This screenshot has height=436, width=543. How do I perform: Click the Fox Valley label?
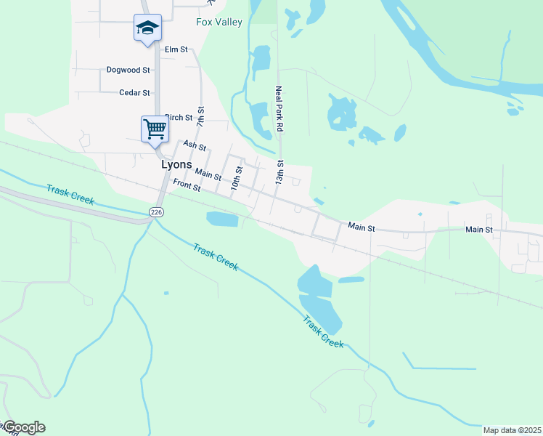click(219, 22)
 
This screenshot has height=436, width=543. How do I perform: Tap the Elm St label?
click(176, 49)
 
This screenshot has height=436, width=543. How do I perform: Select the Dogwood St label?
click(128, 70)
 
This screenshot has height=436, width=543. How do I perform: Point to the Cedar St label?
click(134, 93)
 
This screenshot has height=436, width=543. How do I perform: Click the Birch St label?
click(179, 117)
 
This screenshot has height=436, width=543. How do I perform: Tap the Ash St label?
click(195, 146)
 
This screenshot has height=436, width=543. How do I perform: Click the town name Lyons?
click(176, 165)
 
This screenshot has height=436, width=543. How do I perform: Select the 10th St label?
click(236, 179)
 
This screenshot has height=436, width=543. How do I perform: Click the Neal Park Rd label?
click(278, 109)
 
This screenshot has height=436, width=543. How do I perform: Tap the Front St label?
click(187, 187)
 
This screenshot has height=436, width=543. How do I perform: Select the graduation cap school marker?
click(147, 28)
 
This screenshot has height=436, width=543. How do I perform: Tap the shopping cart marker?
click(155, 129)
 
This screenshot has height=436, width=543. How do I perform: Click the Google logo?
click(24, 427)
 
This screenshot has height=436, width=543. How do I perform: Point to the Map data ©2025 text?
click(513, 430)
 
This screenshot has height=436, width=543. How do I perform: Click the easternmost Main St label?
click(478, 230)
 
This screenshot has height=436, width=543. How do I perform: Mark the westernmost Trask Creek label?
click(70, 195)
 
